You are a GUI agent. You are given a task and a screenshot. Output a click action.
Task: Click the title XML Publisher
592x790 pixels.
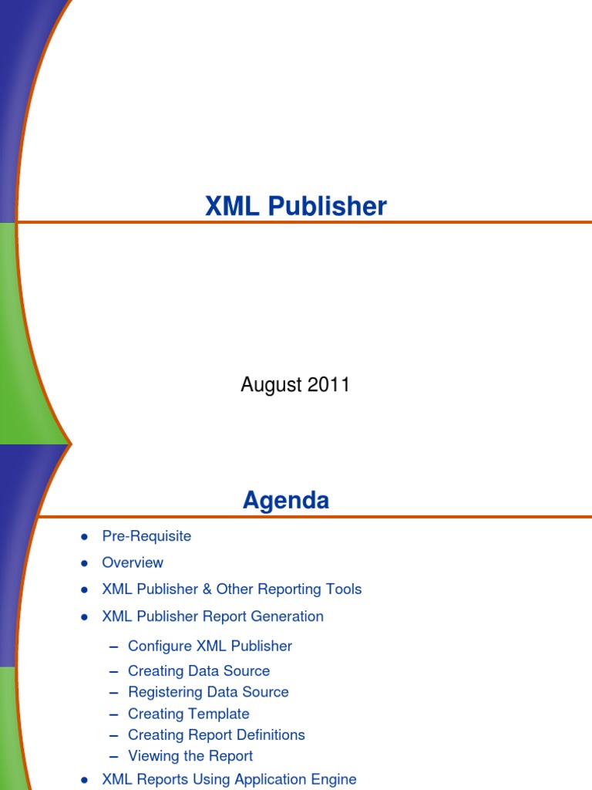(295, 206)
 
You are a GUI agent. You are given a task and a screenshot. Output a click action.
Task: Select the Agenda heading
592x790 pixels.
(286, 501)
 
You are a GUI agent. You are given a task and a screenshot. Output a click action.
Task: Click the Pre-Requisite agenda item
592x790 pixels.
(146, 536)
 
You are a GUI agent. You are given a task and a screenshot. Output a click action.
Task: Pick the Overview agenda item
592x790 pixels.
(133, 562)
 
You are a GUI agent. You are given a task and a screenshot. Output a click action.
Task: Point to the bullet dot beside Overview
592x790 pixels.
(84, 563)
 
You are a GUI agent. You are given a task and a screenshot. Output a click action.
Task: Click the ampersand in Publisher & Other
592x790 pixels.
(207, 589)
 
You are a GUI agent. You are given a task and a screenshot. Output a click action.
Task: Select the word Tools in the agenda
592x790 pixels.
(343, 589)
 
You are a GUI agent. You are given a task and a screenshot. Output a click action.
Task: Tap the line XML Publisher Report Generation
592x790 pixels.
(213, 616)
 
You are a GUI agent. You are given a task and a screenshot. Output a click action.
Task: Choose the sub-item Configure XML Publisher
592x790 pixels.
(210, 646)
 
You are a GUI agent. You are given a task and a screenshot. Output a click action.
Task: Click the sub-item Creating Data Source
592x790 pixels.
(199, 671)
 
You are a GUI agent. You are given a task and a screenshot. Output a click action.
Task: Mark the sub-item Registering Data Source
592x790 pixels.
(208, 692)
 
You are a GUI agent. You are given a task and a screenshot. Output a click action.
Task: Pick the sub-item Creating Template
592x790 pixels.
(189, 714)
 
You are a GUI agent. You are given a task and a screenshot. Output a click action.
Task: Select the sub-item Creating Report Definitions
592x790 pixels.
(217, 734)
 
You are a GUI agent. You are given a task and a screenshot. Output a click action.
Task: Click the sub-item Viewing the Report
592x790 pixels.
(190, 756)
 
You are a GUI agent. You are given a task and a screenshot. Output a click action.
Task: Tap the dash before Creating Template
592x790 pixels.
(114, 714)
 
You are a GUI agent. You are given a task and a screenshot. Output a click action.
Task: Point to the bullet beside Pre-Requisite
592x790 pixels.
(84, 537)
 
